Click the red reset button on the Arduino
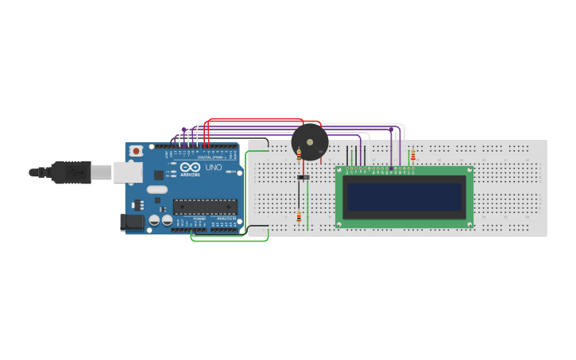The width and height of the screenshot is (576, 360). click(x=137, y=150)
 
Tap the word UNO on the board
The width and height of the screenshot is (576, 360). click(x=214, y=168)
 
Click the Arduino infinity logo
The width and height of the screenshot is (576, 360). click(x=191, y=168)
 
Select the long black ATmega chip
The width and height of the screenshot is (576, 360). click(x=205, y=207)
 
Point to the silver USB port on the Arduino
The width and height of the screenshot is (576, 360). click(x=126, y=172)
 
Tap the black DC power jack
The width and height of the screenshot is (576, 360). click(x=131, y=222)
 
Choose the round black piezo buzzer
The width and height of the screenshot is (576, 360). click(x=310, y=141)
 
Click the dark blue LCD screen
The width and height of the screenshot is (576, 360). click(x=404, y=196)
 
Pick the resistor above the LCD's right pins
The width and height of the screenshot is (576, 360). click(x=412, y=155)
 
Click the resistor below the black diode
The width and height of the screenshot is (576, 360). click(x=299, y=217)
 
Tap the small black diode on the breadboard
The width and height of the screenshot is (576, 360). click(x=303, y=176)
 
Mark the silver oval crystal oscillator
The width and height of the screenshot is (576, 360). click(x=157, y=189)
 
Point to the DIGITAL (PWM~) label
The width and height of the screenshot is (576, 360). click(x=210, y=157)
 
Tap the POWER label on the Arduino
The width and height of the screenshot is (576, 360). click(x=199, y=219)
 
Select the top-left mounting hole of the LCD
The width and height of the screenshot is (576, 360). click(x=340, y=170)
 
